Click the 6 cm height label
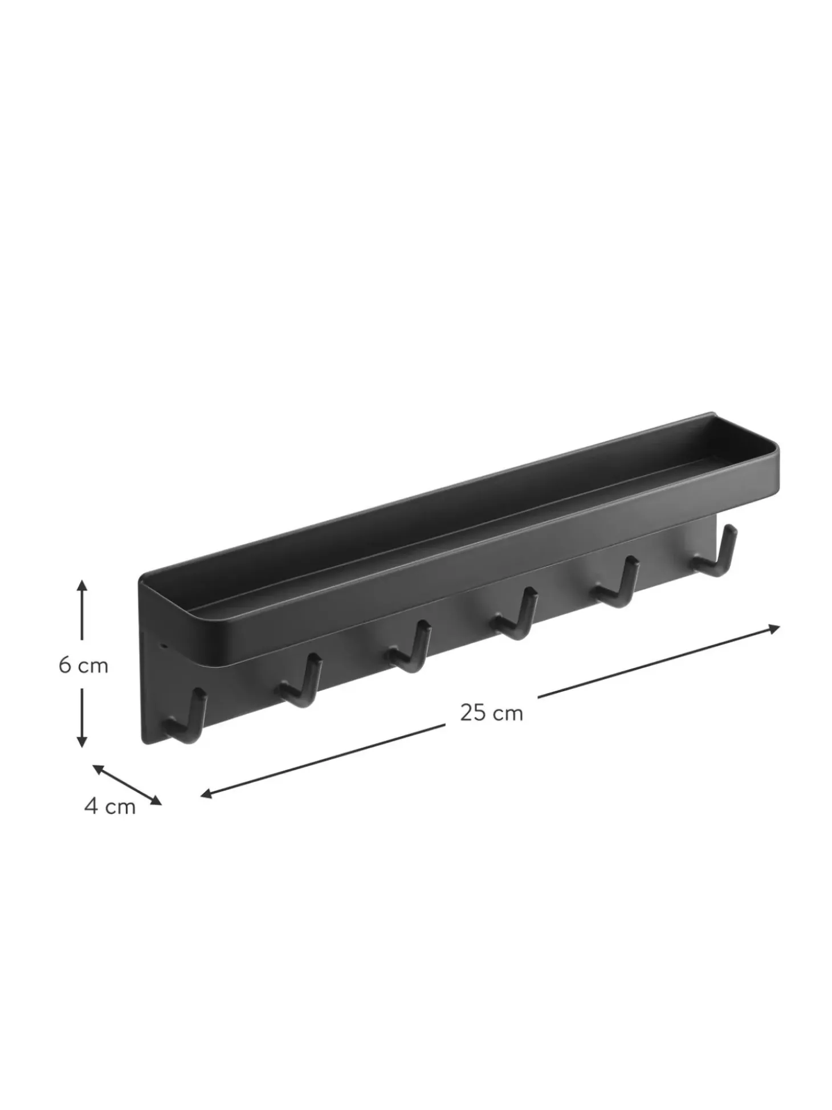83,665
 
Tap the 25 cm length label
491,713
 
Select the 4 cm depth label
110,806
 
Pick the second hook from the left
300,681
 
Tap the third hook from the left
409,647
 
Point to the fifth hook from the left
617,582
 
